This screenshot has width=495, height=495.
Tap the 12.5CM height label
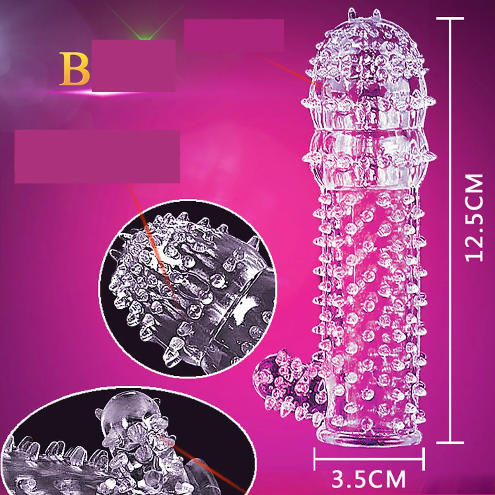pos(474,218)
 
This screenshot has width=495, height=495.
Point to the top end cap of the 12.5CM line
pos(450,19)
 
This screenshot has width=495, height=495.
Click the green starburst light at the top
pos(144,35)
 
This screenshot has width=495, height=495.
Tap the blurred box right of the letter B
pos(133,65)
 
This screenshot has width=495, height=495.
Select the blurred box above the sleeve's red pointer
pos(234,35)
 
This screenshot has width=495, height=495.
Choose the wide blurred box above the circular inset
pos(97,156)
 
